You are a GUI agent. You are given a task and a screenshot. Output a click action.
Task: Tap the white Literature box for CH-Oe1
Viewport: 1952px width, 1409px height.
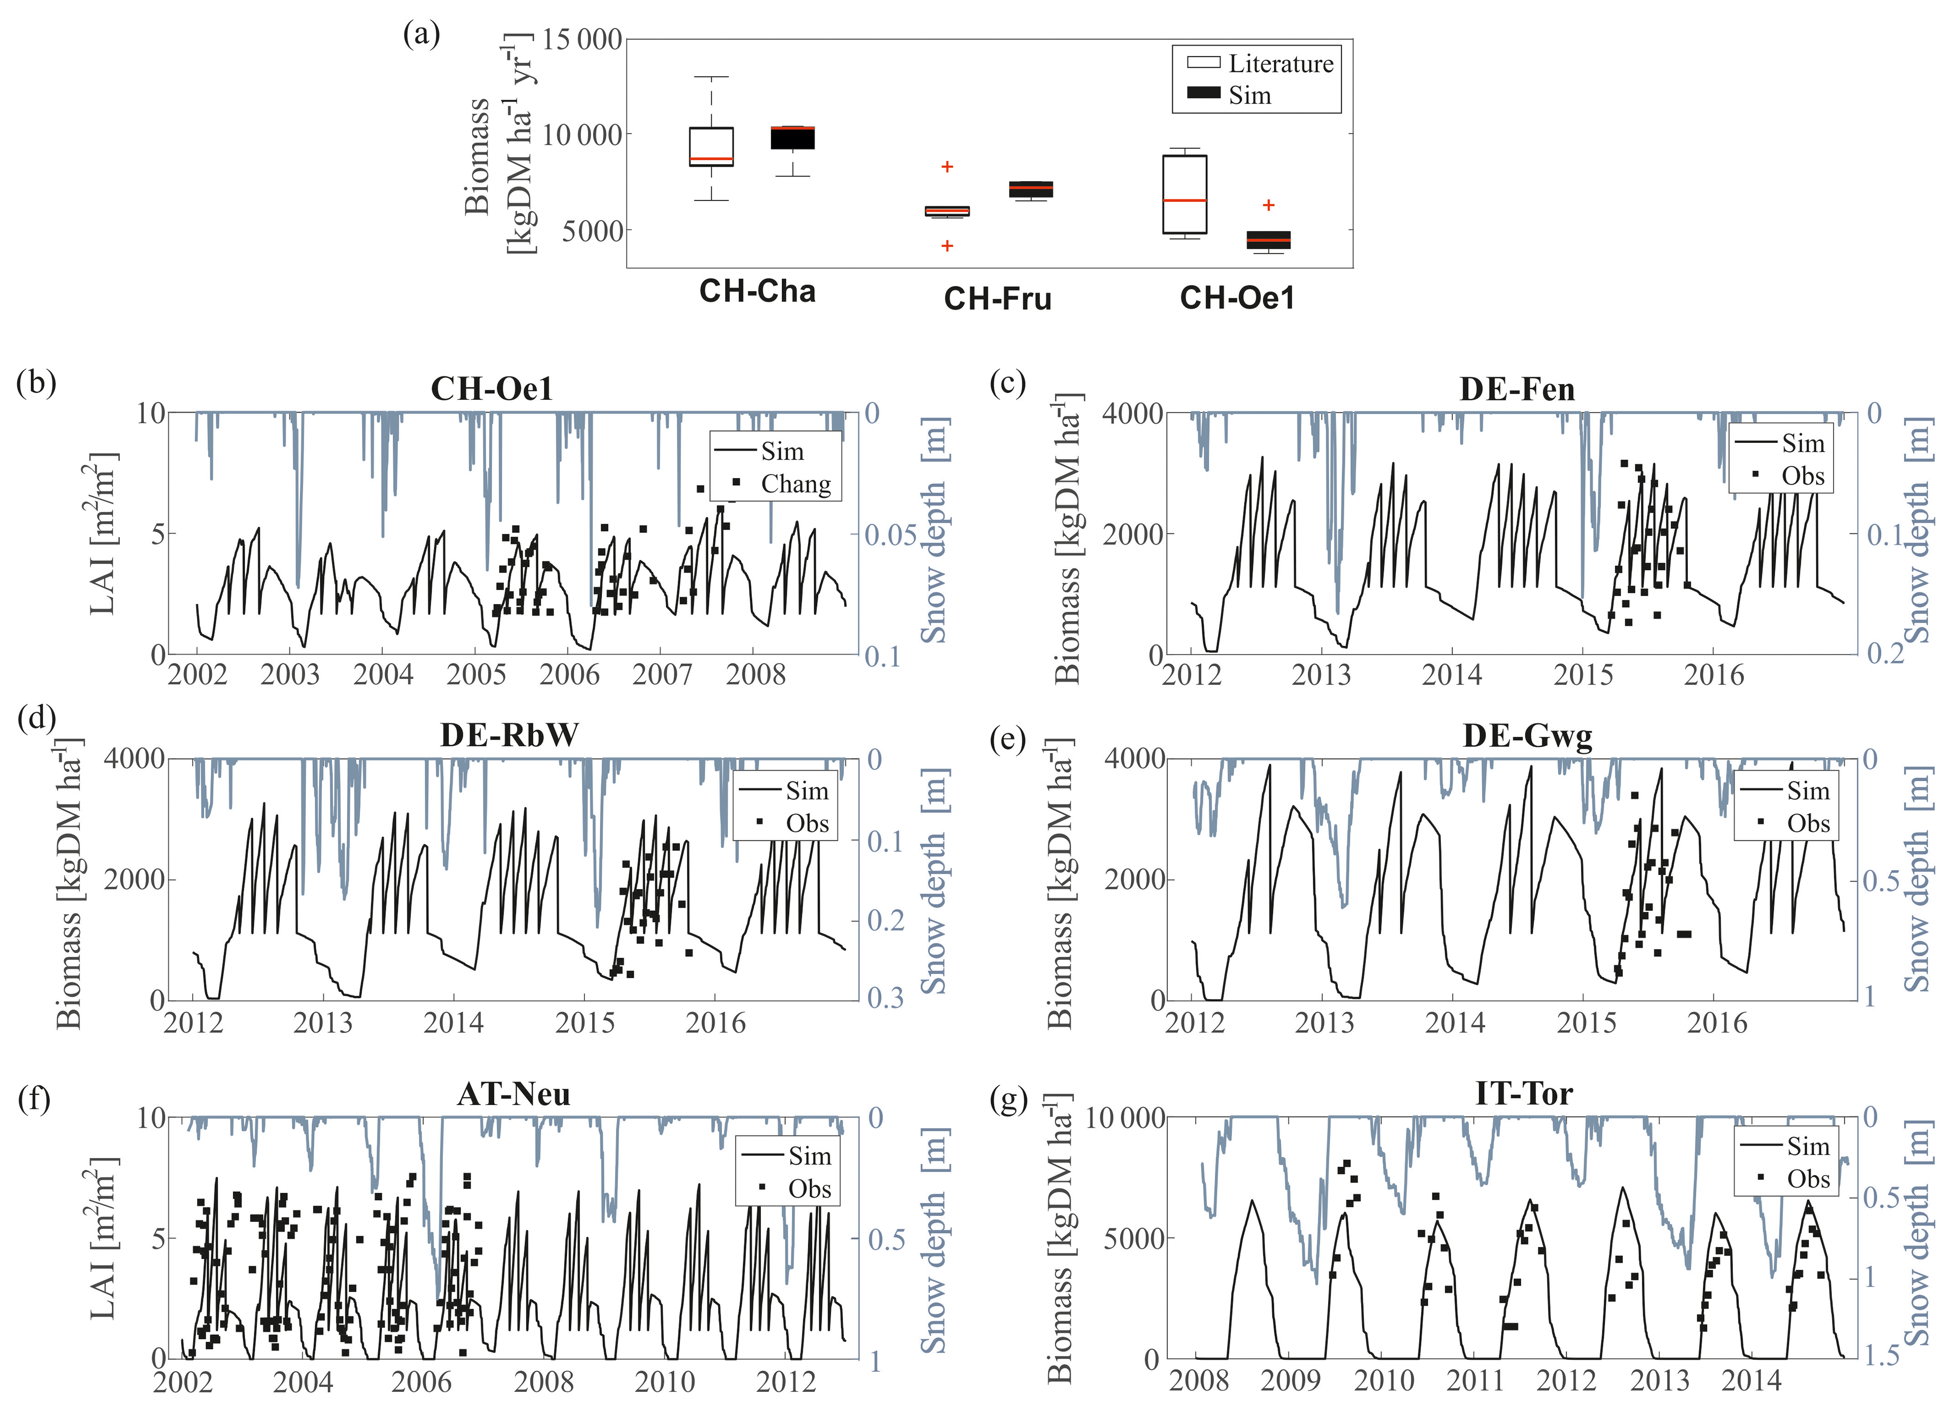(1184, 195)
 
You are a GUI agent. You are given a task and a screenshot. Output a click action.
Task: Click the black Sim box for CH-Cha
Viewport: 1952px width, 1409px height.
(792, 138)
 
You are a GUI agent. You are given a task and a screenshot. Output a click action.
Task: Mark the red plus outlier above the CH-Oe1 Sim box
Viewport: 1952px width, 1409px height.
(1268, 205)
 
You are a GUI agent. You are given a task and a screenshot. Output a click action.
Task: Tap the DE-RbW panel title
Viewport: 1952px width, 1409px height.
(510, 735)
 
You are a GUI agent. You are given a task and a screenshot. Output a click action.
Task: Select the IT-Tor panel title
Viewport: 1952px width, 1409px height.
(1524, 1093)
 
